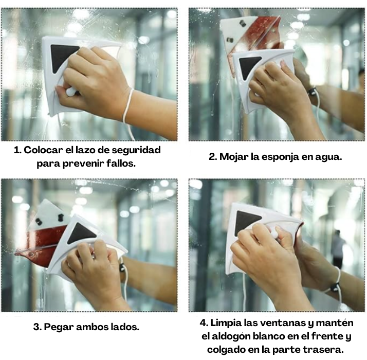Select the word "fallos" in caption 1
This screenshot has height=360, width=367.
point(123,164)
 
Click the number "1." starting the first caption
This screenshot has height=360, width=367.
point(18,150)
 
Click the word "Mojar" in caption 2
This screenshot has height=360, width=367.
point(235,157)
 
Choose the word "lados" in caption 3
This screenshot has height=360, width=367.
point(124,327)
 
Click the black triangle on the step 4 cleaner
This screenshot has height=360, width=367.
point(248,221)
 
